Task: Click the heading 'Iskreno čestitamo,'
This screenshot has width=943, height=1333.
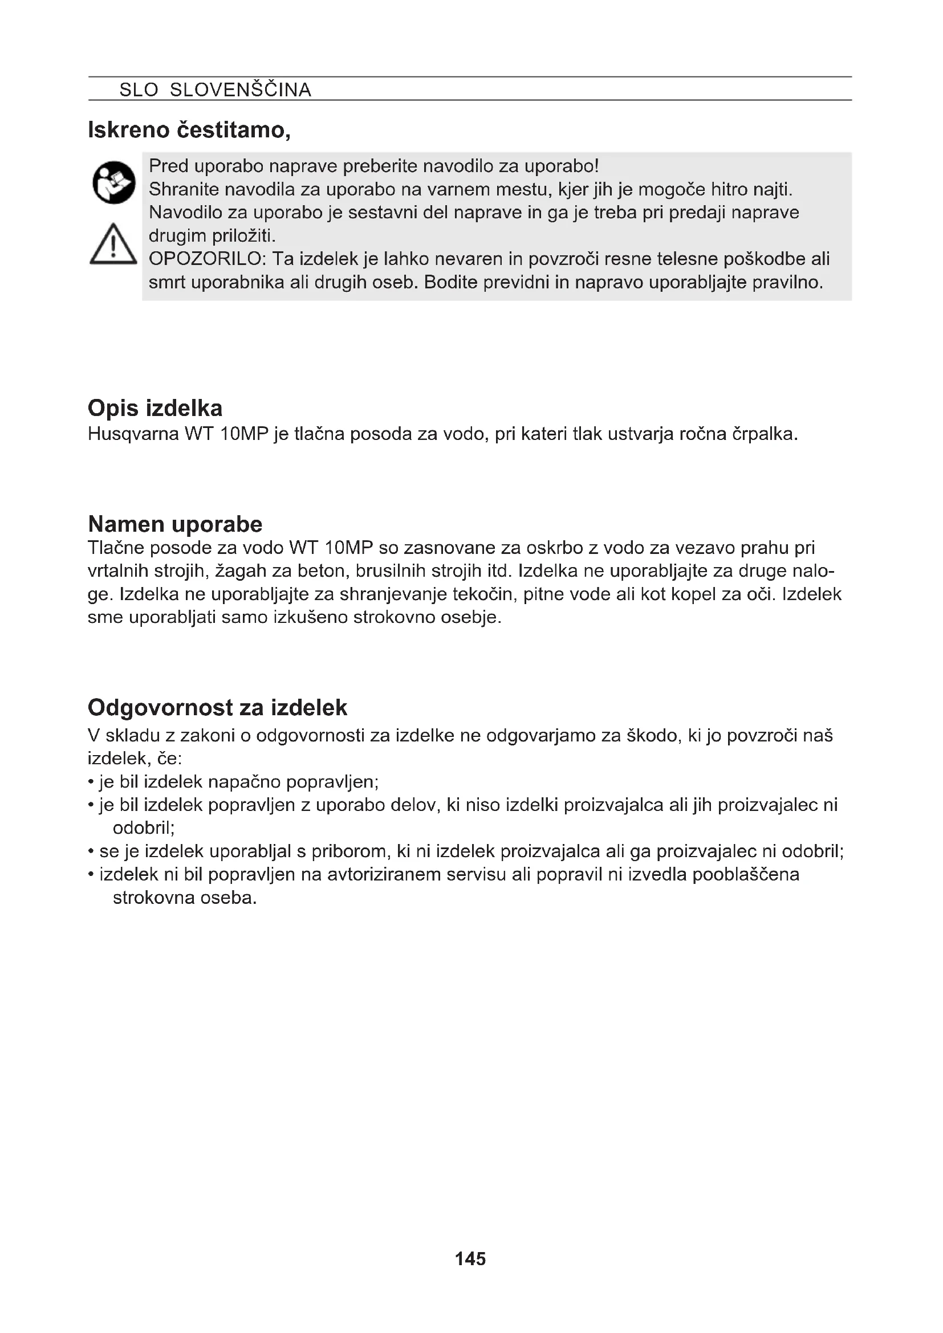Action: pos(189,130)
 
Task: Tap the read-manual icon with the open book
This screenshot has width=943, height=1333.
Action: pos(114,182)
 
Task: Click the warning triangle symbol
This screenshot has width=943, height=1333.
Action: pos(113,245)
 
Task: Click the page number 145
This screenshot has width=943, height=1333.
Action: pos(470,1259)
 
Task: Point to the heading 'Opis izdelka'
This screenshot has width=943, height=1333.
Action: pos(155,408)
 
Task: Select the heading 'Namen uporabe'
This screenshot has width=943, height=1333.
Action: pos(175,524)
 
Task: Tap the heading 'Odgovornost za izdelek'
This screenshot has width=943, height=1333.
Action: pos(217,707)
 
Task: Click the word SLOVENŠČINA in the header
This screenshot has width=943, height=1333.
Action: pos(241,89)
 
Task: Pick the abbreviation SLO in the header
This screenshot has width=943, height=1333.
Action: pos(139,89)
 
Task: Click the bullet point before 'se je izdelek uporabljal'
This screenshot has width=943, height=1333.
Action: pos(91,851)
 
